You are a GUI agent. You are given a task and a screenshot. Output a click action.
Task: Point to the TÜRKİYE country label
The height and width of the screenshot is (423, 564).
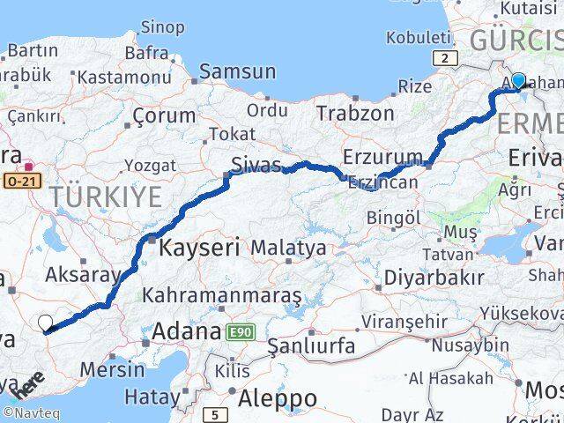click(x=106, y=197)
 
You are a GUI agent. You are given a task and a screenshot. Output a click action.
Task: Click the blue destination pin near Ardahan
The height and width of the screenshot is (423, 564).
click(x=518, y=81)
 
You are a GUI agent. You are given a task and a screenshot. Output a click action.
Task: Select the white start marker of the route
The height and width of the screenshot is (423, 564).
click(x=46, y=323)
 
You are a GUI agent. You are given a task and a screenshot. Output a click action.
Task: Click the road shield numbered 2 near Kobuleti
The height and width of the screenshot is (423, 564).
click(x=446, y=59)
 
